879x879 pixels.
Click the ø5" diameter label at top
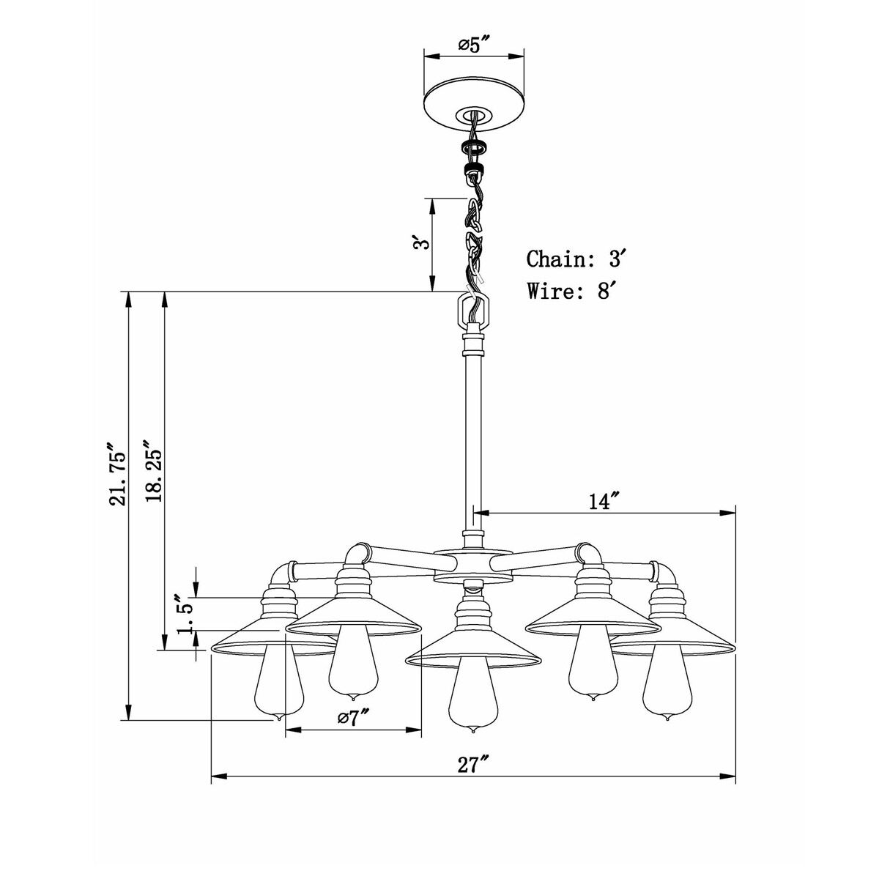474,45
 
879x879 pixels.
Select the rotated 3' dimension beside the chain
418,243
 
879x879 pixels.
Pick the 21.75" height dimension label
116,473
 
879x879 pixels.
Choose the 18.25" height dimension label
154,472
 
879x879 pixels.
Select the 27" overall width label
473,765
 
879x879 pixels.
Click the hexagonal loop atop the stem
473,311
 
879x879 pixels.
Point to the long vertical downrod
473,439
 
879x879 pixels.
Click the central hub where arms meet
472,564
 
